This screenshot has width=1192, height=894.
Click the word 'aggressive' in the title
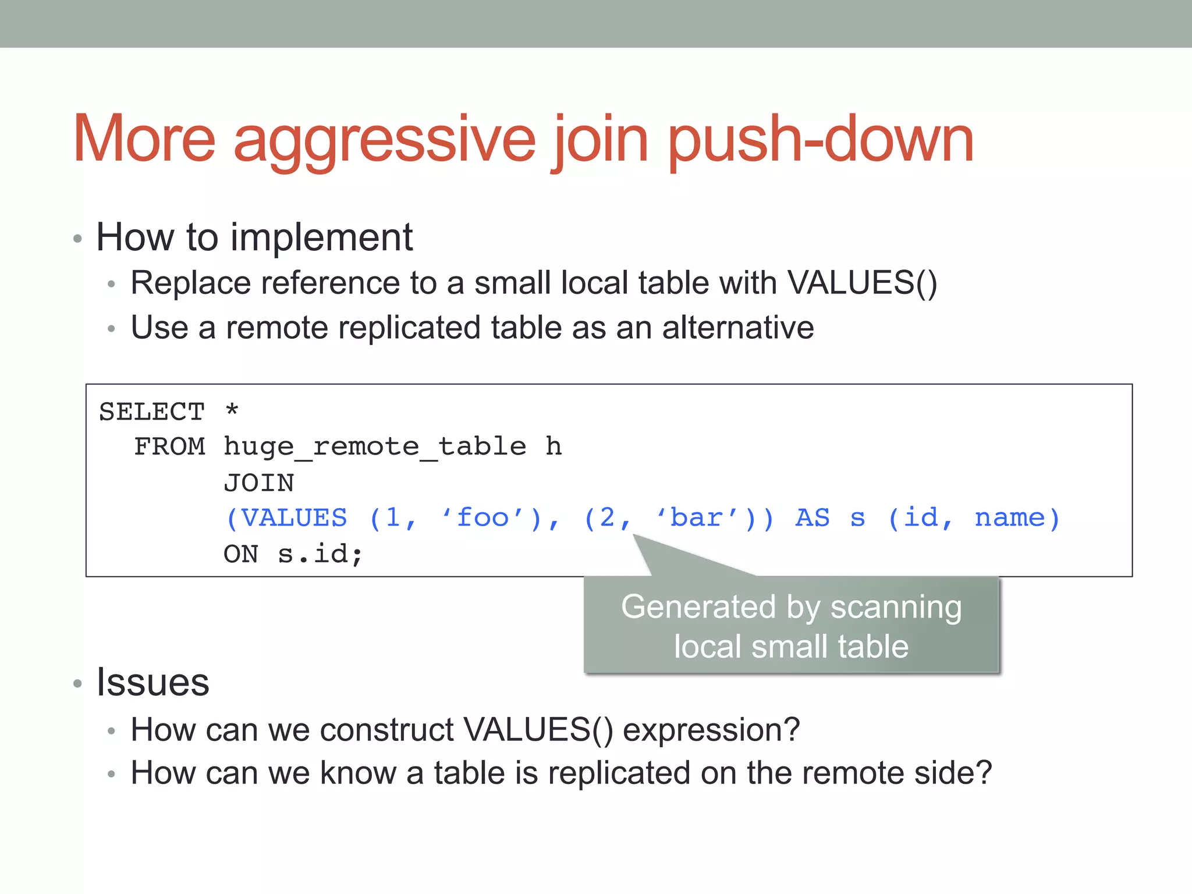coord(384,140)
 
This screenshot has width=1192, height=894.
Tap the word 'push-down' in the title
coord(821,140)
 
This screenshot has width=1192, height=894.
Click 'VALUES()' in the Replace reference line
coord(862,283)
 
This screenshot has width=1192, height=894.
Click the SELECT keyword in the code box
coord(152,412)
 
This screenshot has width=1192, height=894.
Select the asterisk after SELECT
coord(232,410)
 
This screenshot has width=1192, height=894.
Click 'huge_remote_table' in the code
coord(375,447)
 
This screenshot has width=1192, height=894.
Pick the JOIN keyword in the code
coord(259,483)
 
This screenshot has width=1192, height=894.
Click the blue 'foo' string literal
coord(483,518)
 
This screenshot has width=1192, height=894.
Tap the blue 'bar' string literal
coord(696,518)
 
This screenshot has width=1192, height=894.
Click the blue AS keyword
coord(813,518)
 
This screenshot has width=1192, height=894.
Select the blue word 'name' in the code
coord(1010,518)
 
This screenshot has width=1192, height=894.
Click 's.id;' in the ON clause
coord(320,554)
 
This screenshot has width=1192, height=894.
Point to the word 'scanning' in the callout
coord(896,607)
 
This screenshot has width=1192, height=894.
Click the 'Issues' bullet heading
coord(152,682)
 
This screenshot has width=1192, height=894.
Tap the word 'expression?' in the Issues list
coord(711,730)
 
